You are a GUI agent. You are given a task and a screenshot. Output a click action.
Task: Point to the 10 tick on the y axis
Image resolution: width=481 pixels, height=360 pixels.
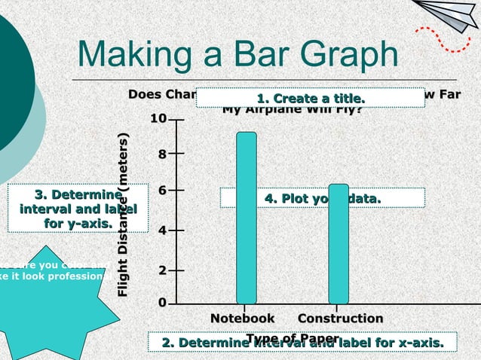[158, 119]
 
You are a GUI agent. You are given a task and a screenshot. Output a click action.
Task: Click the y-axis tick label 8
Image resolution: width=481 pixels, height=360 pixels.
[161, 154]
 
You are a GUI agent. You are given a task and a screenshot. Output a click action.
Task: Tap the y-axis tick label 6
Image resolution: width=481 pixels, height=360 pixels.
[161, 191]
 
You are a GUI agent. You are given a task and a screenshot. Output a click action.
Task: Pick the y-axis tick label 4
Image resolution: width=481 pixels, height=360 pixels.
[161, 230]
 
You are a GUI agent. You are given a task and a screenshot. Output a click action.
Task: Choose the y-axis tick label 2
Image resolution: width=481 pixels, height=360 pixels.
[161, 269]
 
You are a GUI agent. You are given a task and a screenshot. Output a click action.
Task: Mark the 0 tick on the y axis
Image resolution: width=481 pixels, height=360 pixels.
[161, 303]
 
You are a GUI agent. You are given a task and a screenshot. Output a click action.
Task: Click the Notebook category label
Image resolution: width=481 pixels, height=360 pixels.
[242, 319]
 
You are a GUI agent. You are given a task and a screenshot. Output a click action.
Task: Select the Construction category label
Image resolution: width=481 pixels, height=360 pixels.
[340, 319]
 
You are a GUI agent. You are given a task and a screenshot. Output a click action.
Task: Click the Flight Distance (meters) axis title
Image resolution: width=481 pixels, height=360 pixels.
[124, 215]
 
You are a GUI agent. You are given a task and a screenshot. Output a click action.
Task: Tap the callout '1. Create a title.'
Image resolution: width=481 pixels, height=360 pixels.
[310, 99]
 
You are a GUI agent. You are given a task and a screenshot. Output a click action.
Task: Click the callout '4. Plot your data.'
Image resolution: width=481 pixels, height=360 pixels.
[322, 197]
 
